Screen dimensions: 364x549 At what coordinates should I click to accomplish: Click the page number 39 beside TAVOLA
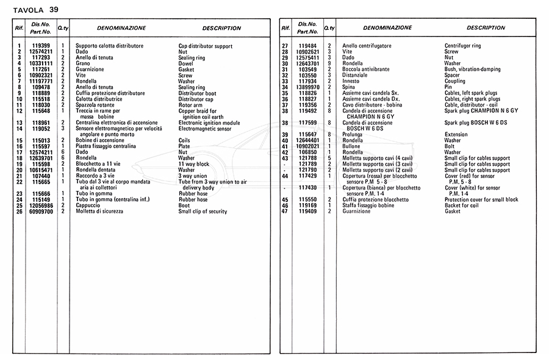click(54, 9)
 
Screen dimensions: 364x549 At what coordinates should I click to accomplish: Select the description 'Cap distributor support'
click(205, 46)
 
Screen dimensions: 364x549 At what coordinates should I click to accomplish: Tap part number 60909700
click(41, 212)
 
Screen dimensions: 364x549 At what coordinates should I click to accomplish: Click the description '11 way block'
click(194, 164)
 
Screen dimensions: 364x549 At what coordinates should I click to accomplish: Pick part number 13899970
click(307, 87)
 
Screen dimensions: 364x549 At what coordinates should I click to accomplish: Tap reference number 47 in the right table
click(284, 212)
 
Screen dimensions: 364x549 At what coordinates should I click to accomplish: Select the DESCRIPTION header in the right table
click(486, 28)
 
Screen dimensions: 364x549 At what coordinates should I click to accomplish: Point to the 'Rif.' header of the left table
click(18, 29)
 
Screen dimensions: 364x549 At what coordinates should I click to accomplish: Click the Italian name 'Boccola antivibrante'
click(367, 70)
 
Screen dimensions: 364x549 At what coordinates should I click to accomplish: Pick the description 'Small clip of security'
click(203, 212)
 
